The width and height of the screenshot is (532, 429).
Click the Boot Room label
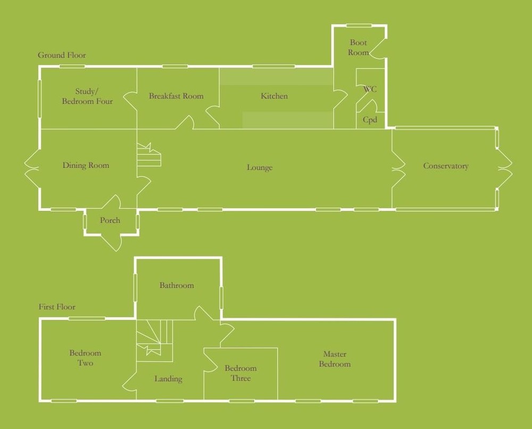pyautogui.click(x=359, y=47)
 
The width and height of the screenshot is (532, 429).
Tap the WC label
pyautogui.click(x=370, y=89)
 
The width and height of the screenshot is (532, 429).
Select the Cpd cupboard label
pyautogui.click(x=370, y=120)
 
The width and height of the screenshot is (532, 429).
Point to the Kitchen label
pyautogui.click(x=274, y=96)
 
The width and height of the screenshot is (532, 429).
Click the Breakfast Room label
pyautogui.click(x=176, y=96)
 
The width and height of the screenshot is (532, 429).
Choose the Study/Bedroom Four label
pyautogui.click(x=87, y=96)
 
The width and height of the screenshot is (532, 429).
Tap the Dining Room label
pyautogui.click(x=86, y=166)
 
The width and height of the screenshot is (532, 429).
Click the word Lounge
pyautogui.click(x=260, y=168)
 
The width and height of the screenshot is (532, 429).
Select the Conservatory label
pyautogui.click(x=446, y=166)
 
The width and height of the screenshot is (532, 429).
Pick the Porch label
pyautogui.click(x=110, y=220)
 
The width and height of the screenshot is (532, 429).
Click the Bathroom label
pyautogui.click(x=177, y=285)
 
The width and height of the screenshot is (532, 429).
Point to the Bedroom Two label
pyautogui.click(x=85, y=358)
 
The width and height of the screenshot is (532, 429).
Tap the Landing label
pyautogui.click(x=168, y=379)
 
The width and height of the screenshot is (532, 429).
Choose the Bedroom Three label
pyautogui.click(x=240, y=373)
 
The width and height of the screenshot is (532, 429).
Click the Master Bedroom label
pyautogui.click(x=335, y=359)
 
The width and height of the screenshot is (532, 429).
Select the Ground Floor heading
pyautogui.click(x=62, y=55)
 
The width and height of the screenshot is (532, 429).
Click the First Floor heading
pyautogui.click(x=57, y=307)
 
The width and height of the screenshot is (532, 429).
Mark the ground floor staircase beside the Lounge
pyautogui.click(x=148, y=155)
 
